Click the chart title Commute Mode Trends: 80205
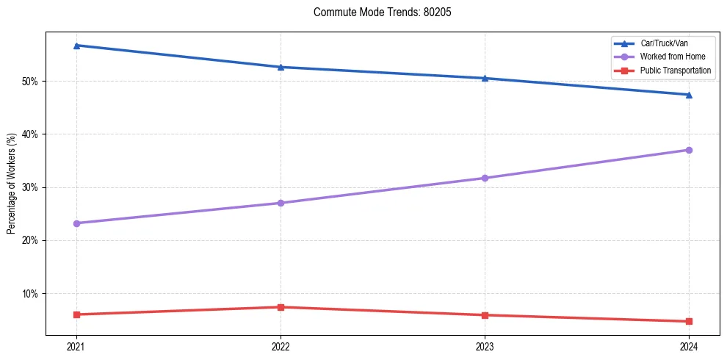[x=377, y=12]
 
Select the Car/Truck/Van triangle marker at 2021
[x=76, y=46]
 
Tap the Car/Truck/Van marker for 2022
[x=281, y=67]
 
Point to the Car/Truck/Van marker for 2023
[x=485, y=78]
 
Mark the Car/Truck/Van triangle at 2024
[x=689, y=95]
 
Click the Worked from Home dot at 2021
[x=76, y=223]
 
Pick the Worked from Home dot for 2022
[x=281, y=203]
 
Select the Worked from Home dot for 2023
[x=485, y=178]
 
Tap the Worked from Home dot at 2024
[x=689, y=150]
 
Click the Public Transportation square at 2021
[x=76, y=314]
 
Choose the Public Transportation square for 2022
[x=281, y=307]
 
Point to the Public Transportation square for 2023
[x=485, y=315]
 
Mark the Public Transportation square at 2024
[x=689, y=321]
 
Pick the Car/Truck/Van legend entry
[x=664, y=43]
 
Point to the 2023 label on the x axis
[x=485, y=346]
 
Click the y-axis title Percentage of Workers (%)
[x=11, y=184]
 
